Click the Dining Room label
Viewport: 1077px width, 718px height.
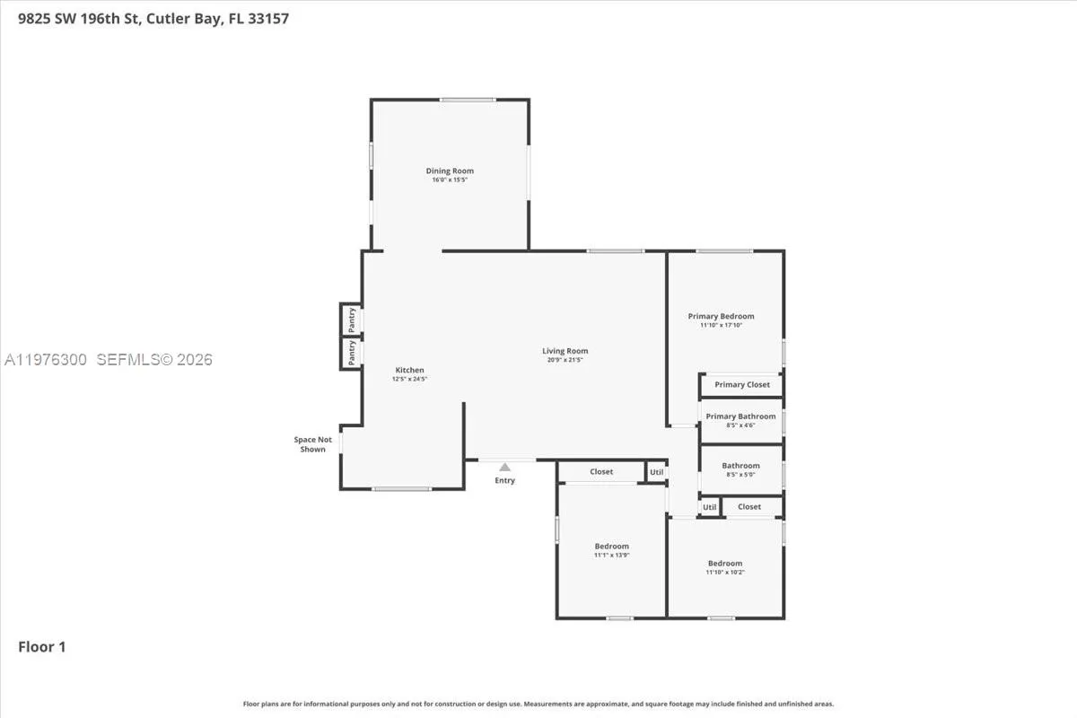pos(450,171)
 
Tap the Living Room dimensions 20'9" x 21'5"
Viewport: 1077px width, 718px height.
pos(565,360)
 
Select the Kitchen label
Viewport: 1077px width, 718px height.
pos(410,370)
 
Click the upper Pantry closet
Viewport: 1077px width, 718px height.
pos(351,318)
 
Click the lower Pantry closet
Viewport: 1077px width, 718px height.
pos(351,352)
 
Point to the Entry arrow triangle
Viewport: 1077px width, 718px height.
pos(504,467)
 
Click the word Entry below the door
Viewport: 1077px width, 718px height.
pos(504,481)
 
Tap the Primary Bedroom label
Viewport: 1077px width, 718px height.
pos(721,316)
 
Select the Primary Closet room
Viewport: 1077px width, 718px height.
pos(742,385)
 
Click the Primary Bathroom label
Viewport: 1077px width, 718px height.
pos(740,416)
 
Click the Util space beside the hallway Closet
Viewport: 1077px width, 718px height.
pos(657,472)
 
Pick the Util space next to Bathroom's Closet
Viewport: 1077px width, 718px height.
pos(710,507)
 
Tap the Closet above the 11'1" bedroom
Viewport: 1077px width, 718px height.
pos(601,472)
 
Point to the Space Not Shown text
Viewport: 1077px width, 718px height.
pos(312,444)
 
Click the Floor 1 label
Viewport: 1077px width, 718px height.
pos(42,646)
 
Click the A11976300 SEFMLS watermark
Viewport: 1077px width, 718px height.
pos(108,360)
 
